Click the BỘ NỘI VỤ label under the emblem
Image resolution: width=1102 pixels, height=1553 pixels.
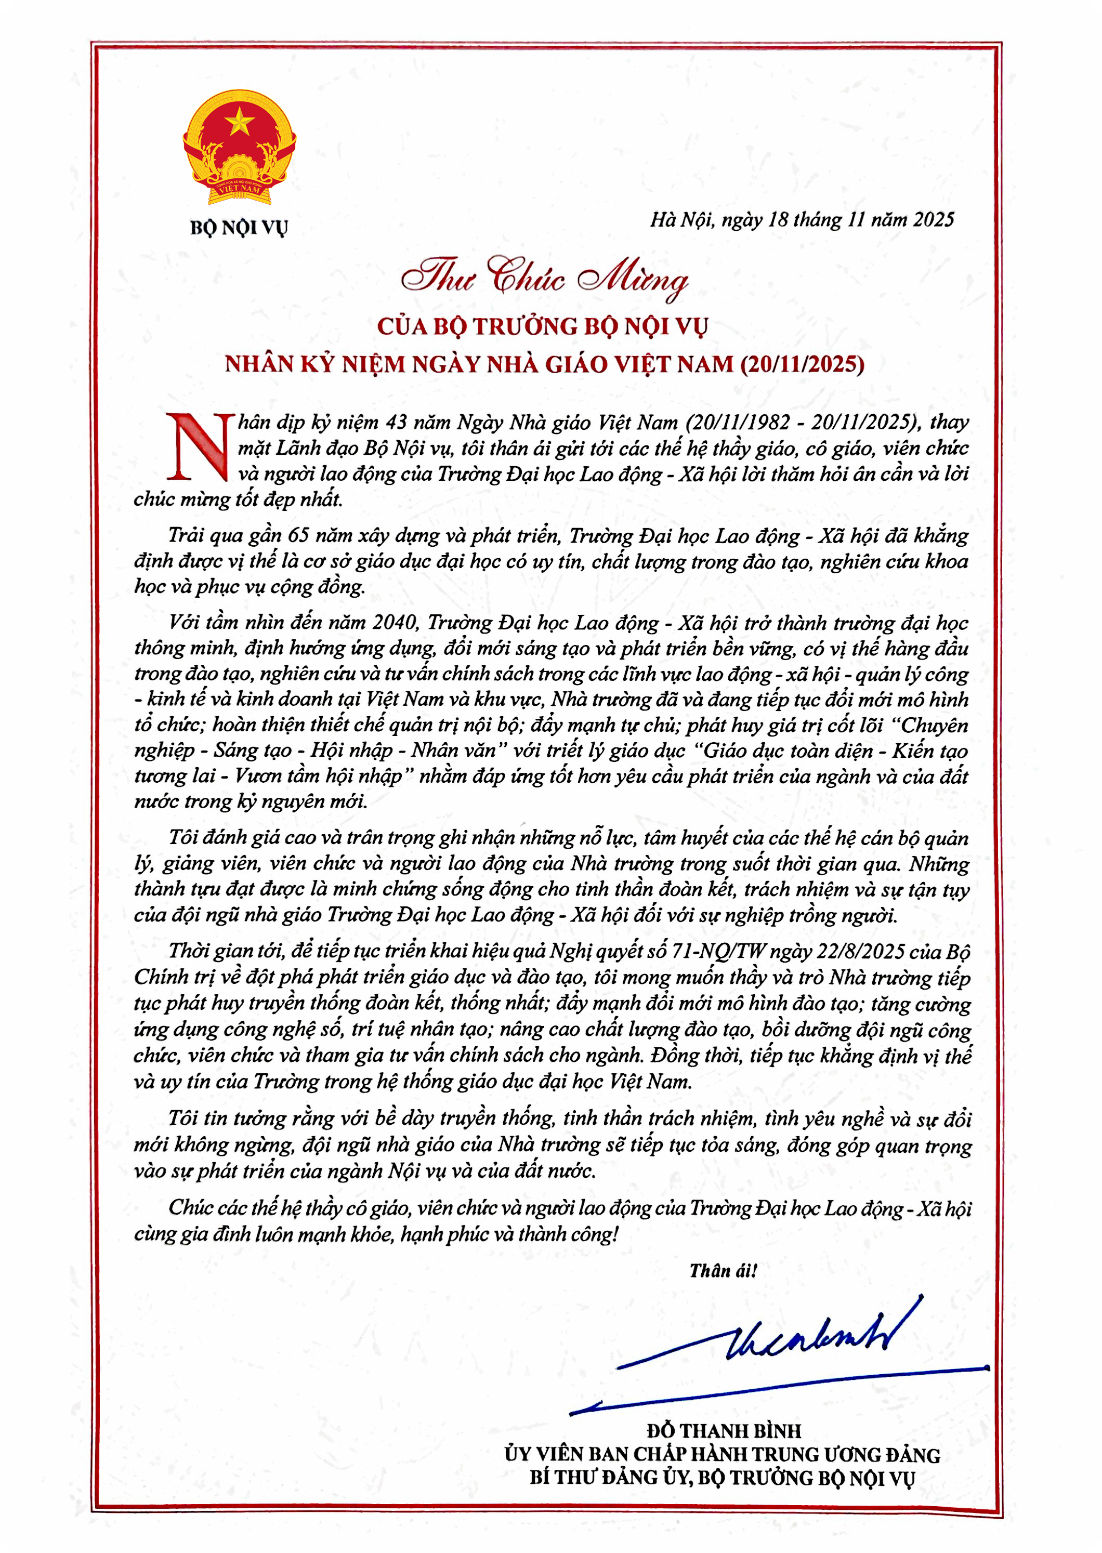(x=239, y=227)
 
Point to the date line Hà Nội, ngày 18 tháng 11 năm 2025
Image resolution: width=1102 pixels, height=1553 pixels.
(x=802, y=220)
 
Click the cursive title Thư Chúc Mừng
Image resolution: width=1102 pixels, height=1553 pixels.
(x=544, y=278)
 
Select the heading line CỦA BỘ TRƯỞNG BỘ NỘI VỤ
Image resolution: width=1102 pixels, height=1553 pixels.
(x=542, y=327)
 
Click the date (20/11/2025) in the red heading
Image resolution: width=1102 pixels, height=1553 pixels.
(x=803, y=364)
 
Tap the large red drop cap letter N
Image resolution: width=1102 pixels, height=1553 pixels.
(x=200, y=447)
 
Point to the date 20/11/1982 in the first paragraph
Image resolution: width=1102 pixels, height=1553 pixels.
(x=738, y=423)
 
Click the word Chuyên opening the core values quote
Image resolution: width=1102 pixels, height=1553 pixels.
(x=934, y=725)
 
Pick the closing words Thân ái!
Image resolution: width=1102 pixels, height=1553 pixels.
(x=723, y=1271)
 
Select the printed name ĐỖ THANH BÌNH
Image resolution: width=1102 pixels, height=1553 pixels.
(x=724, y=1431)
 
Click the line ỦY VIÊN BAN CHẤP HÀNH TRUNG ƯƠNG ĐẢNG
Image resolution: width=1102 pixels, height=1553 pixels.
(x=722, y=1455)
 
